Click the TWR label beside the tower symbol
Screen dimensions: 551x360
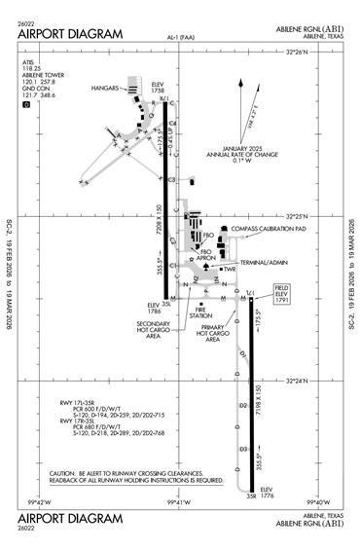click(230, 270)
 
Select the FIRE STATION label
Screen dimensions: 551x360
click(201, 313)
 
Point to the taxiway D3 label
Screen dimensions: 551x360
click(242, 449)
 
